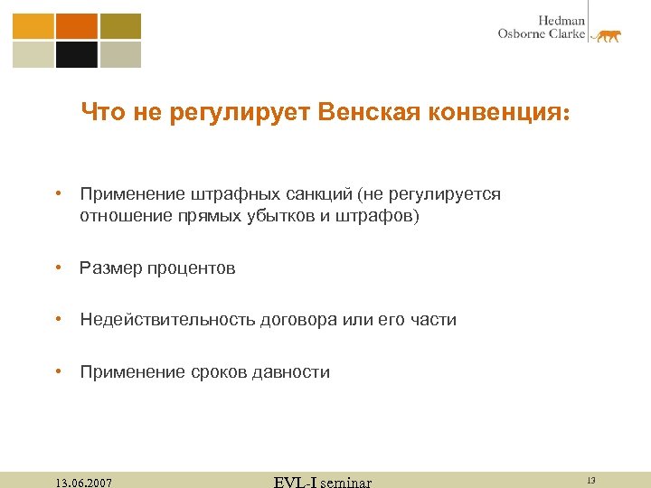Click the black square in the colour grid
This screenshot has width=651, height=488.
[77, 55]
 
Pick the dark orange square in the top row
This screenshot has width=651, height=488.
[77, 26]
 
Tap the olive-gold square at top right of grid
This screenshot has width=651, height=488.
[120, 26]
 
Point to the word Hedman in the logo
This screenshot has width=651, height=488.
[561, 20]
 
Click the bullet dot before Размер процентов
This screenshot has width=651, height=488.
[58, 267]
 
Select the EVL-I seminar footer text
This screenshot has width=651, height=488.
[322, 482]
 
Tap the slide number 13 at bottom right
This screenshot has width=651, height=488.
[590, 481]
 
